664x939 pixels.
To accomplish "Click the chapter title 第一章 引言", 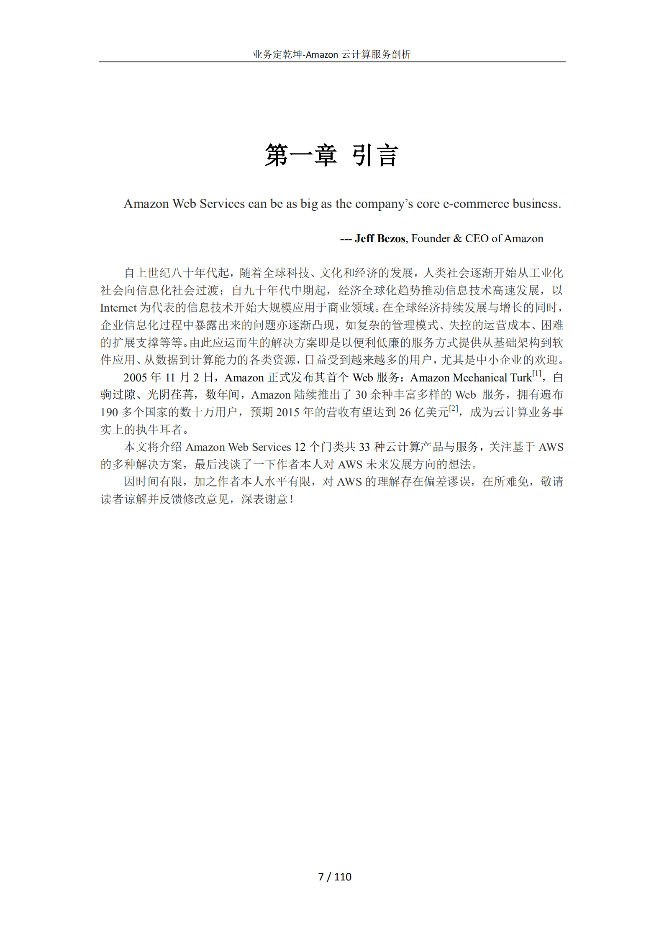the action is click(331, 155).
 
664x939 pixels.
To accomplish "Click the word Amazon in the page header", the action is click(322, 55).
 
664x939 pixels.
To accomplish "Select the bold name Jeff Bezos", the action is click(380, 238).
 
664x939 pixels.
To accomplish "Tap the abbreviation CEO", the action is click(477, 238).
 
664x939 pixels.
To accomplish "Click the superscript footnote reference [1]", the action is click(537, 374).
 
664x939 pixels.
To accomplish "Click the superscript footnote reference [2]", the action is click(454, 408).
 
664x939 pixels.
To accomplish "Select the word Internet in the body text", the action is click(118, 308).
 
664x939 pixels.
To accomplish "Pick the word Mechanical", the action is click(480, 378).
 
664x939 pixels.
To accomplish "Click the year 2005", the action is click(135, 378).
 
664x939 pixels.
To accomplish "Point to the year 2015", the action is click(287, 412).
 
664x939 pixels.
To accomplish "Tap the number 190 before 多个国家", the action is click(109, 412).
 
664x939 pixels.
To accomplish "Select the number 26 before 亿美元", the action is click(405, 412).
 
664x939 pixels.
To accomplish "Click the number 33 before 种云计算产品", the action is click(364, 447).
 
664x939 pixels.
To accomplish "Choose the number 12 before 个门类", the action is click(300, 447).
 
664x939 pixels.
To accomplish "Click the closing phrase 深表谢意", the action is click(264, 499).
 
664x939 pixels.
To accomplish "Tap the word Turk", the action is click(520, 378).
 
